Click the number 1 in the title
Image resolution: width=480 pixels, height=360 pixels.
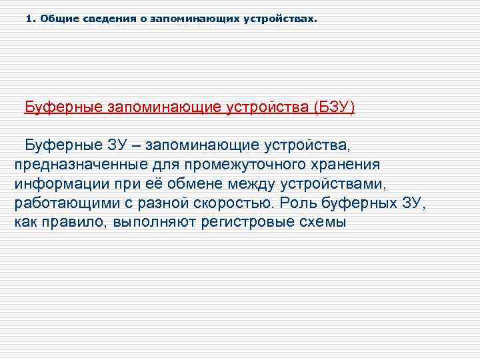pyautogui.click(x=29, y=19)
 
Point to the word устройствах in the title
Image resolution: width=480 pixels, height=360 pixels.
pyautogui.click(x=281, y=19)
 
